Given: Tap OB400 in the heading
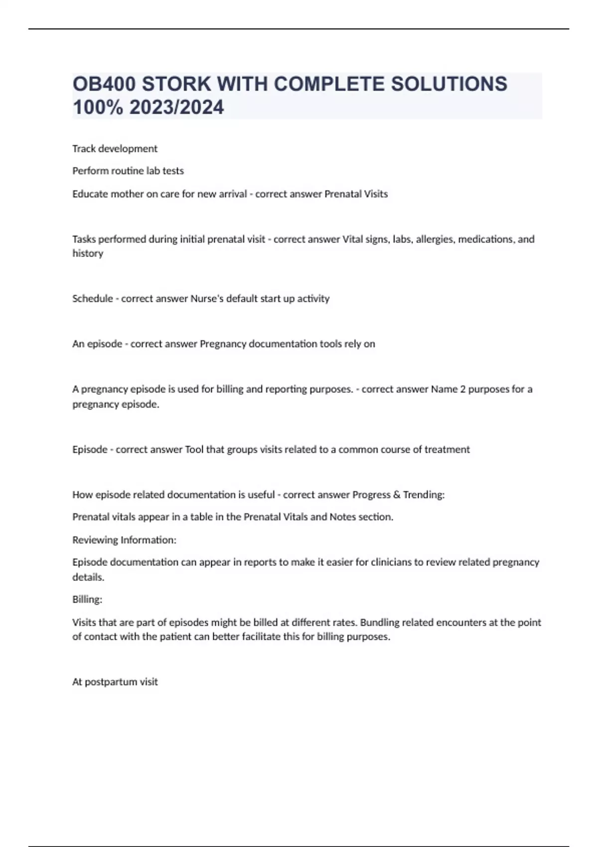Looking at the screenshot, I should (x=104, y=84).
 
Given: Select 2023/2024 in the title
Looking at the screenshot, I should (x=176, y=107).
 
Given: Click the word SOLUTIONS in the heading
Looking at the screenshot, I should (x=449, y=84).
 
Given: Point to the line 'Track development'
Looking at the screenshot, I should (x=115, y=148).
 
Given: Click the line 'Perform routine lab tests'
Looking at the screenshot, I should (x=128, y=171).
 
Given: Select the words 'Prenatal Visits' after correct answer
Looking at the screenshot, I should (x=356, y=194).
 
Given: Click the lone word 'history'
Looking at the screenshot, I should (x=88, y=254).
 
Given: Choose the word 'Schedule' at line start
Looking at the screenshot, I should (x=92, y=298).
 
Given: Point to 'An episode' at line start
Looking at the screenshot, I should (x=97, y=344).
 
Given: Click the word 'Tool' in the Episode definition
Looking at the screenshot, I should (x=194, y=449).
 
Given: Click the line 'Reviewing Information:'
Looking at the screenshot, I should (x=124, y=540).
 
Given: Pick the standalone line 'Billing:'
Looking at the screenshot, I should (x=87, y=599).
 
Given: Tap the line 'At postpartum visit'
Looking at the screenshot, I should (x=115, y=682).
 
